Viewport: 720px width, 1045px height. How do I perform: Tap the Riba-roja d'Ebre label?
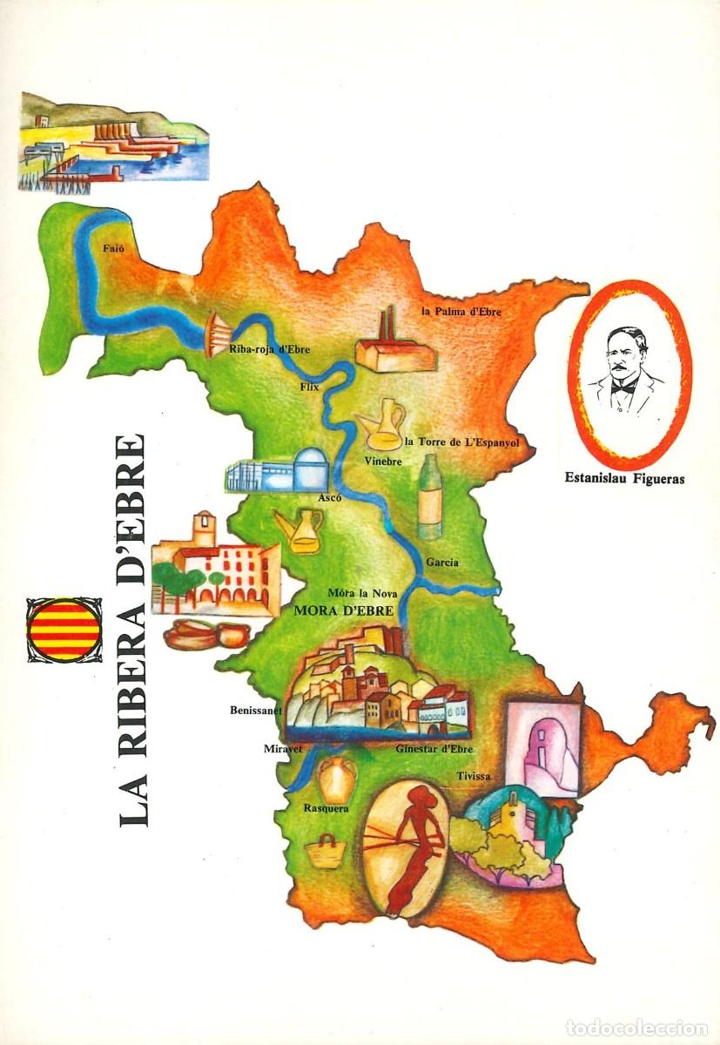click(269, 350)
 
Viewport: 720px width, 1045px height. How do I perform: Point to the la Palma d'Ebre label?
click(461, 311)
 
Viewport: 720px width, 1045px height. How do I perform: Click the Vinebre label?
click(383, 462)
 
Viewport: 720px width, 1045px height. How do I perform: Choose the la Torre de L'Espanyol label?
click(462, 442)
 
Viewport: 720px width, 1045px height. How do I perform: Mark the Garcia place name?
click(442, 563)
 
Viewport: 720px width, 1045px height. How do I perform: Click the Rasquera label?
click(326, 809)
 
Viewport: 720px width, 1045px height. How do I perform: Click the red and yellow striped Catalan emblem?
click(63, 629)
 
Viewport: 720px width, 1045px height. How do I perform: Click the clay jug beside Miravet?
click(336, 778)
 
